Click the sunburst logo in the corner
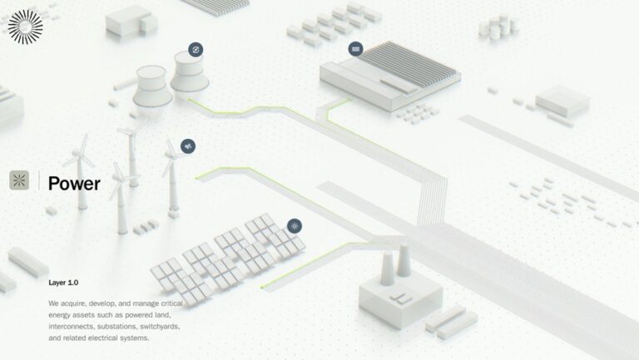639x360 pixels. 25,27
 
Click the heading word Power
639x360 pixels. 74,183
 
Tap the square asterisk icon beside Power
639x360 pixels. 19,180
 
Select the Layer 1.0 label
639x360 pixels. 63,283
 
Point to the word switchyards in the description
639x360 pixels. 160,327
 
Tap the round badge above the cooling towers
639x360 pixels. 196,50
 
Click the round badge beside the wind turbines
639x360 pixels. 188,146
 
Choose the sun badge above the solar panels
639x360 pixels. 295,226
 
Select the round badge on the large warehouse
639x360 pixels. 356,49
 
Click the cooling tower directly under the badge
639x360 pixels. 189,72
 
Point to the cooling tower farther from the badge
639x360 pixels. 151,86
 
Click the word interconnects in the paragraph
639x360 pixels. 72,327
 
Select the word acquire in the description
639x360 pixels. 73,303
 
